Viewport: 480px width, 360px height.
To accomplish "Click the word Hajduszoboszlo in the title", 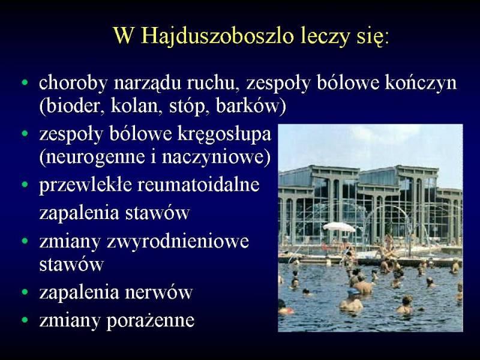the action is (x=217, y=37).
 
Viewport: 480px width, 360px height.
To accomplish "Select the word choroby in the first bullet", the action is (x=73, y=83).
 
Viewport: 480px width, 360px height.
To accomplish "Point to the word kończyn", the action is (x=421, y=83).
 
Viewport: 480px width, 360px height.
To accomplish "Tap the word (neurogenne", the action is (x=92, y=157).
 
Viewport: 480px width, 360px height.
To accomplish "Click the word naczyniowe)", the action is (x=217, y=157).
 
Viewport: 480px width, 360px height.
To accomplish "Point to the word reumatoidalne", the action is (x=199, y=185).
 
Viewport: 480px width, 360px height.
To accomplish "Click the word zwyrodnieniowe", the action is (x=178, y=242).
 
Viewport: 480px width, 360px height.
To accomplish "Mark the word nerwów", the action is (x=158, y=292).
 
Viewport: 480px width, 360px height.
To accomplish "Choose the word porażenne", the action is (x=151, y=321).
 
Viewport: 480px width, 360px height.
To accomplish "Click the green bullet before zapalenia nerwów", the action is (x=25, y=293).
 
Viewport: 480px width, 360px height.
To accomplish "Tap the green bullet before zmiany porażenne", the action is (x=25, y=320).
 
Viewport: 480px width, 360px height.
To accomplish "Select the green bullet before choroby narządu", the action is (x=25, y=83).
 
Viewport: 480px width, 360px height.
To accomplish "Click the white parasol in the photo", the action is (x=339, y=227).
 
